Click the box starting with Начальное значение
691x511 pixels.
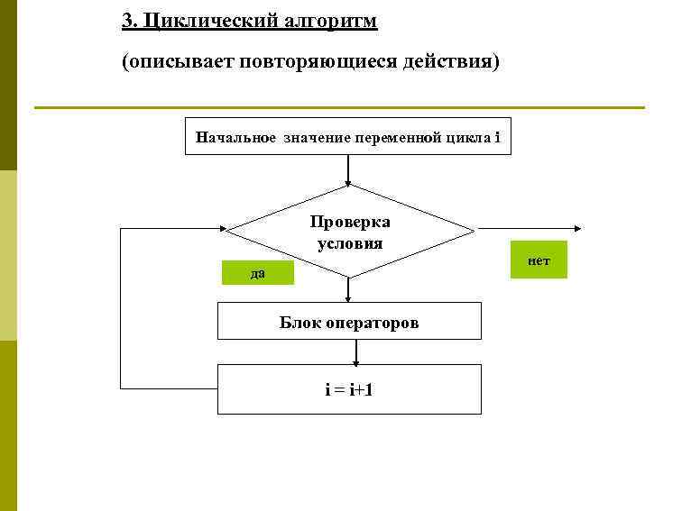pyautogui.click(x=347, y=137)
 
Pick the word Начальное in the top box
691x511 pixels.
pyautogui.click(x=235, y=137)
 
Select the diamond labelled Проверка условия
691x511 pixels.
pyautogui.click(x=349, y=230)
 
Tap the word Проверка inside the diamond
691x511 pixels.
pyautogui.click(x=349, y=222)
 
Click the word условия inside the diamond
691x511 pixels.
pyautogui.click(x=349, y=243)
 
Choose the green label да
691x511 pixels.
pyautogui.click(x=258, y=273)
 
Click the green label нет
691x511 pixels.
pyautogui.click(x=539, y=260)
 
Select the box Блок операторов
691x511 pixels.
pyautogui.click(x=349, y=322)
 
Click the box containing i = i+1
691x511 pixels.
pyautogui.click(x=349, y=389)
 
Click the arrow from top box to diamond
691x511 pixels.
pyautogui.click(x=348, y=171)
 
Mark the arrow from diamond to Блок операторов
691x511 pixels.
pyautogui.click(x=348, y=290)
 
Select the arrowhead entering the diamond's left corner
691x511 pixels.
pyautogui.click(x=220, y=230)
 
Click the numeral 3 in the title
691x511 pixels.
pyautogui.click(x=127, y=21)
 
